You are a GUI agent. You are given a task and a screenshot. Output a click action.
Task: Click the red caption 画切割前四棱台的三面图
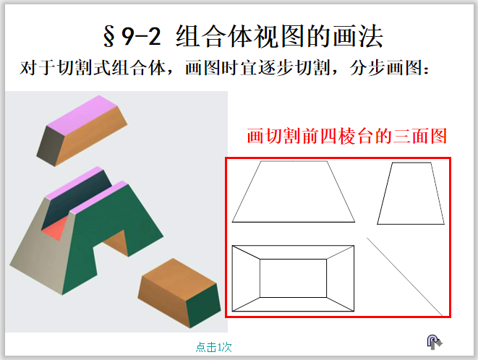[x=346, y=137]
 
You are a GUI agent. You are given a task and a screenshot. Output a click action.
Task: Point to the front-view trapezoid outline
[x=293, y=192]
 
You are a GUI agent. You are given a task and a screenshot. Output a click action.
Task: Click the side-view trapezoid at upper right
[x=410, y=193]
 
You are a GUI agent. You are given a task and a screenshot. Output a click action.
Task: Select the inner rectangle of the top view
[x=292, y=278]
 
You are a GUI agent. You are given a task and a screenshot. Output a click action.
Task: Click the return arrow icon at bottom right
[x=432, y=341]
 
